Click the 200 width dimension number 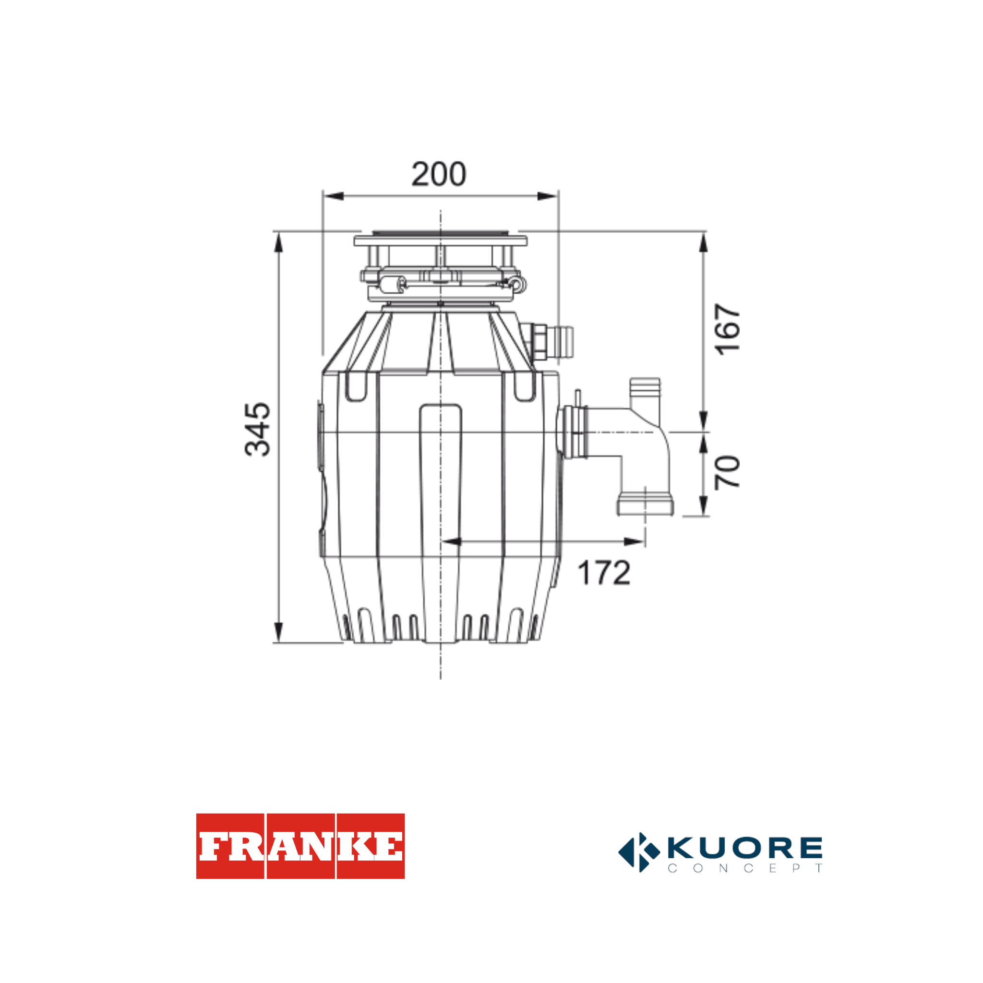tap(438, 175)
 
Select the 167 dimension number tap(727, 330)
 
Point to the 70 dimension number tap(727, 472)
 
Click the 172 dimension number tap(604, 573)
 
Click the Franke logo tap(300, 846)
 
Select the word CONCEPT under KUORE tap(745, 868)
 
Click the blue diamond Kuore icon tap(639, 852)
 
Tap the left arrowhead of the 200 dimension tap(333, 196)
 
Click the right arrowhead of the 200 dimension tap(548, 196)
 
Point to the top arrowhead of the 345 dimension tap(278, 243)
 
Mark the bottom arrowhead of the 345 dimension tap(278, 632)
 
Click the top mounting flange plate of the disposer tap(440, 240)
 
